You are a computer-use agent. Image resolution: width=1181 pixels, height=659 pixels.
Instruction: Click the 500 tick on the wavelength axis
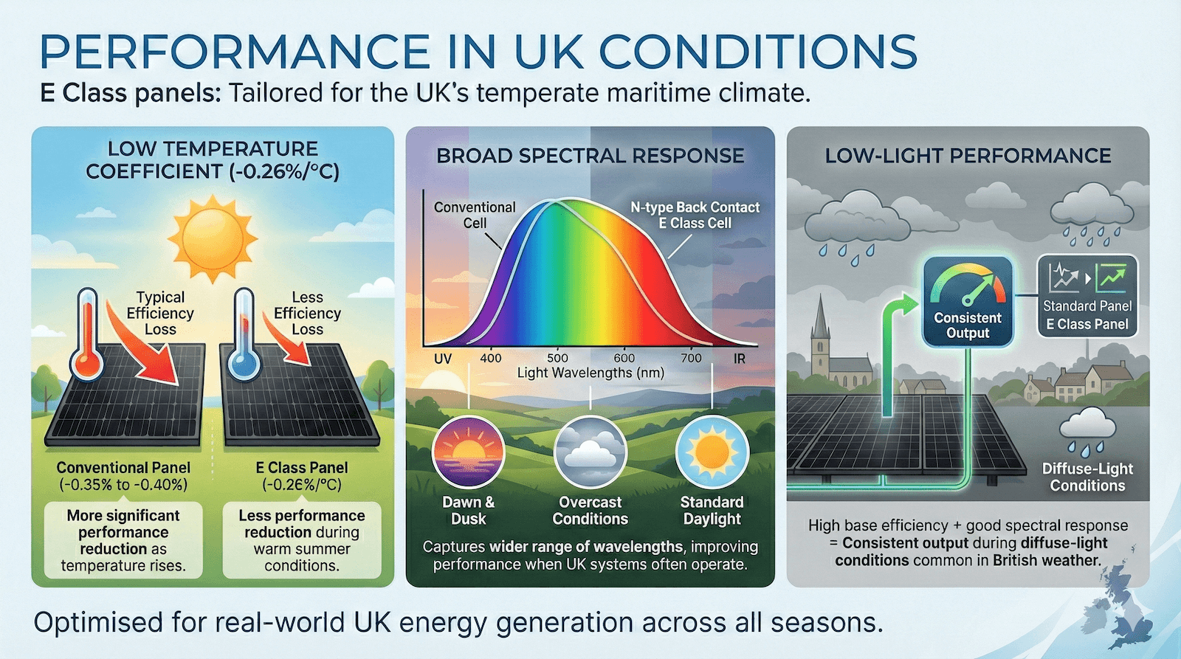coord(557,358)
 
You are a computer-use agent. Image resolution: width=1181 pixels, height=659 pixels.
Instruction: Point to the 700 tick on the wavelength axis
coord(691,358)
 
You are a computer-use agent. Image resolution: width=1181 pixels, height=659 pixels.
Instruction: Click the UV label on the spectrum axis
coord(443,359)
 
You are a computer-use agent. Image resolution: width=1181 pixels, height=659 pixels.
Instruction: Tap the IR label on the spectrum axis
coord(739,359)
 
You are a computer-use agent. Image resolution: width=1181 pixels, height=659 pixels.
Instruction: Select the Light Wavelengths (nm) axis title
coord(590,373)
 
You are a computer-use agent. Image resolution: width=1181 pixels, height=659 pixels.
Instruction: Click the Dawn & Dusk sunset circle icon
coord(468,452)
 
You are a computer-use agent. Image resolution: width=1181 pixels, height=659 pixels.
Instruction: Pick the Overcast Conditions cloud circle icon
coord(590,452)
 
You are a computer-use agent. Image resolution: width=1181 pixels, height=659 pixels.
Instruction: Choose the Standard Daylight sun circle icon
coord(712,452)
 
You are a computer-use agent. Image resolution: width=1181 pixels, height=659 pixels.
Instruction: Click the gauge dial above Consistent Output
coord(968,285)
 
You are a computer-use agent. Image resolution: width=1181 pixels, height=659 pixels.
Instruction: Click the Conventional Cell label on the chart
coord(475,215)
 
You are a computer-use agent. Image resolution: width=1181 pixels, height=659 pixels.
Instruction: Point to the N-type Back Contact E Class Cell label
coord(695,215)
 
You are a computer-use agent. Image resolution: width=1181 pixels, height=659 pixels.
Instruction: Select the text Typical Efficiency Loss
coord(160,313)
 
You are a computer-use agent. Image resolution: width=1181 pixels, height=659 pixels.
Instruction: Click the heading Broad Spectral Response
coord(590,156)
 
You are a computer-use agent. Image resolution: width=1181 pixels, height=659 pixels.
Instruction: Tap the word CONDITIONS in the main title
coord(758,51)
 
